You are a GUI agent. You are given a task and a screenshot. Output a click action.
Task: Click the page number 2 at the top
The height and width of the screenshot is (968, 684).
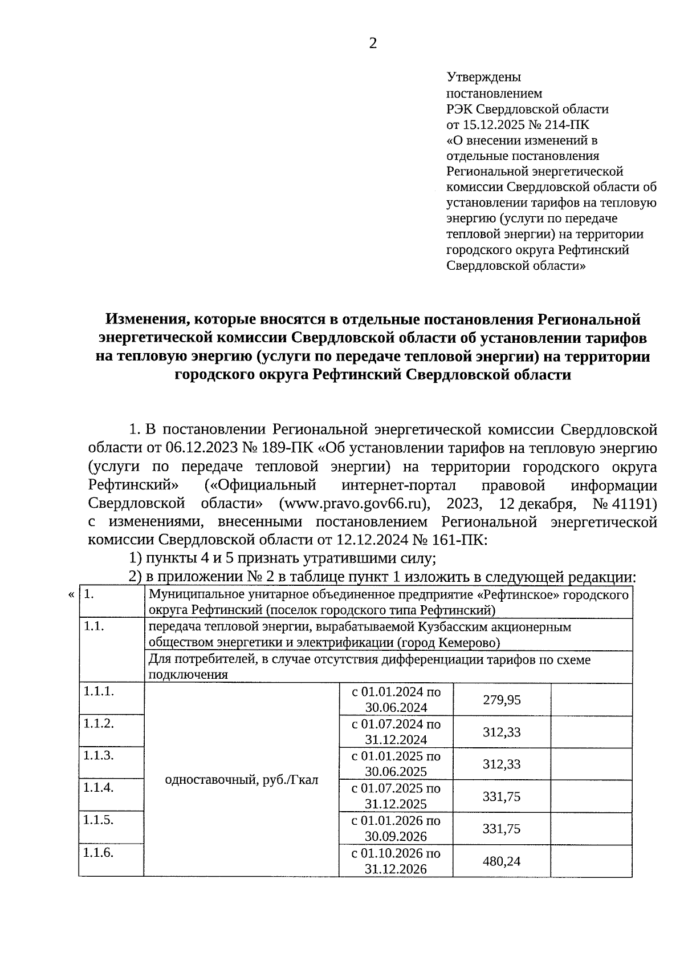pyautogui.click(x=373, y=44)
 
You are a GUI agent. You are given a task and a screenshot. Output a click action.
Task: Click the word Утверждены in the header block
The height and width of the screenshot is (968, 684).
pyautogui.click(x=483, y=77)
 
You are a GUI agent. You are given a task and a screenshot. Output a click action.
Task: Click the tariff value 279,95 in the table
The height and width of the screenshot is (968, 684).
pyautogui.click(x=502, y=700)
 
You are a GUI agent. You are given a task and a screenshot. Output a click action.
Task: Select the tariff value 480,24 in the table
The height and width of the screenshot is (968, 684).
pyautogui.click(x=502, y=861)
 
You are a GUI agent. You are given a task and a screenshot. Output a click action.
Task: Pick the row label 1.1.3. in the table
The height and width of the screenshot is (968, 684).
pyautogui.click(x=99, y=755)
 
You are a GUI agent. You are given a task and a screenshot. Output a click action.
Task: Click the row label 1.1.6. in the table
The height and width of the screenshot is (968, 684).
pyautogui.click(x=99, y=852)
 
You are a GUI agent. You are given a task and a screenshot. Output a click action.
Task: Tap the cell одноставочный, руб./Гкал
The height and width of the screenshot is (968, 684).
pyautogui.click(x=241, y=780)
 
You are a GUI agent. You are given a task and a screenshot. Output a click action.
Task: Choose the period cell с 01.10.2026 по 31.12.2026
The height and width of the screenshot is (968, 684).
pyautogui.click(x=396, y=861)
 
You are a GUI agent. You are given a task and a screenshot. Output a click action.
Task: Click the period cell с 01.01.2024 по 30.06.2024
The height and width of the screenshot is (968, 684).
pyautogui.click(x=396, y=700)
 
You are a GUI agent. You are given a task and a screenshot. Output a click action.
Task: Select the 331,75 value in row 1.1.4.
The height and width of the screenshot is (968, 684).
pyautogui.click(x=502, y=796)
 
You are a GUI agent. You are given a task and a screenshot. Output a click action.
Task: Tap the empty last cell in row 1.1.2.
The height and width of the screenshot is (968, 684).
pyautogui.click(x=591, y=732)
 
